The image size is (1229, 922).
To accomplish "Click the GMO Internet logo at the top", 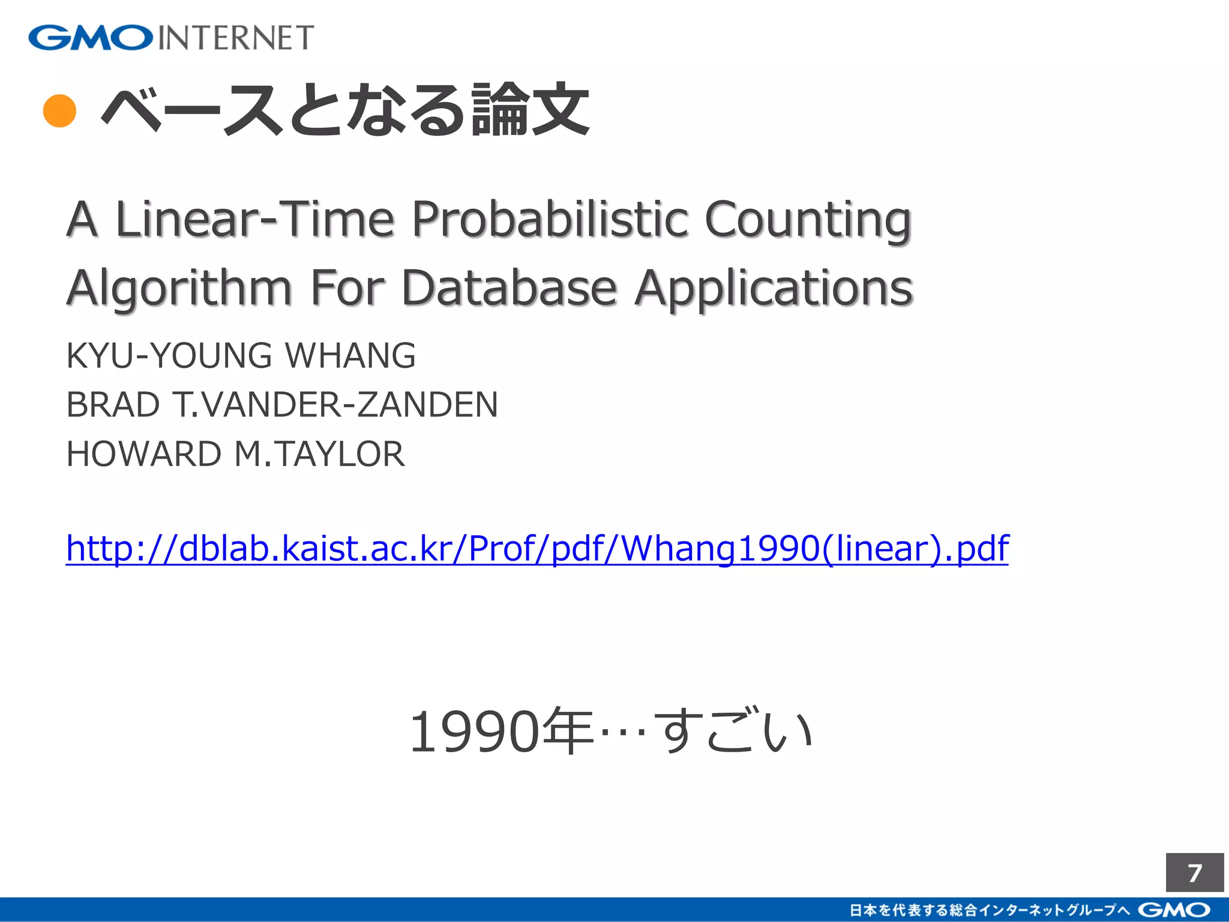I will (x=171, y=38).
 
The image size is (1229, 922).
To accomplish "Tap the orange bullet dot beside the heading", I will (x=60, y=111).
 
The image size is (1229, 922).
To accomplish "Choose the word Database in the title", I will (x=509, y=288).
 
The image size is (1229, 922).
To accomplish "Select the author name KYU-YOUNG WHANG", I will (x=241, y=355).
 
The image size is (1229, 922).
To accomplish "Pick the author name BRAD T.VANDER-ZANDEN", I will (x=282, y=405).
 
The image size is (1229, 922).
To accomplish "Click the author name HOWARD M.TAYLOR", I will (x=235, y=454).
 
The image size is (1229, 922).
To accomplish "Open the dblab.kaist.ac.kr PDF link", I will (x=537, y=549).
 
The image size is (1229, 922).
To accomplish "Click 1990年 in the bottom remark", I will (x=501, y=732).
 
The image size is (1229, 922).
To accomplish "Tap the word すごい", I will (x=733, y=731).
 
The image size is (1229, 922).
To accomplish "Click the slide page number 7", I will (x=1195, y=873).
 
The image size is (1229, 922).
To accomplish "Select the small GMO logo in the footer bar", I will (x=1174, y=910).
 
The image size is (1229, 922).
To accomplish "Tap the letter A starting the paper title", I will (x=82, y=219).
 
